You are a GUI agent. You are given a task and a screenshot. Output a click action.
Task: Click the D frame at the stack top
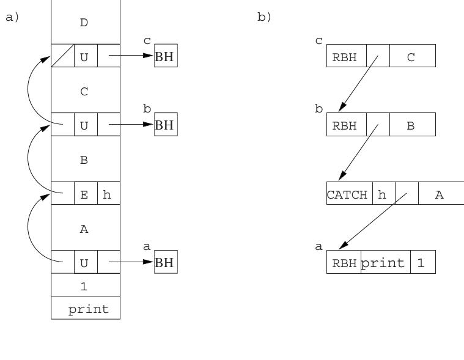pyautogui.click(x=86, y=22)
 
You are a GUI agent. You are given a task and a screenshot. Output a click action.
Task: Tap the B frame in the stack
pyautogui.click(x=86, y=159)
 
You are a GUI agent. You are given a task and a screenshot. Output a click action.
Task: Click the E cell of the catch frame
pyautogui.click(x=86, y=193)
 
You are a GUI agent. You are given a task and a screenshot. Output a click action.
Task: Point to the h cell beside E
pyautogui.click(x=109, y=193)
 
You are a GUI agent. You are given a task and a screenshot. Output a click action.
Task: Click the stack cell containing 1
pyautogui.click(x=86, y=285)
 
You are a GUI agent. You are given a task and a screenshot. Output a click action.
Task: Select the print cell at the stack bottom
pyautogui.click(x=86, y=307)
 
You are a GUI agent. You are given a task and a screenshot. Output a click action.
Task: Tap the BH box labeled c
pyautogui.click(x=166, y=56)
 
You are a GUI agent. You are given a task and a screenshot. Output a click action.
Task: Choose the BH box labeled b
pyautogui.click(x=166, y=125)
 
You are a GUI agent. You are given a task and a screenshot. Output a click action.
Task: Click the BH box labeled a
pyautogui.click(x=166, y=262)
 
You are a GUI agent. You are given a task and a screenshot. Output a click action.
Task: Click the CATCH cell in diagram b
pyautogui.click(x=350, y=193)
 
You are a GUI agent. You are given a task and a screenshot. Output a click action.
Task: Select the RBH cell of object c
pyautogui.click(x=347, y=56)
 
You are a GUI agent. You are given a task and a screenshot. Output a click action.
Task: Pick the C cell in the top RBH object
pyautogui.click(x=413, y=56)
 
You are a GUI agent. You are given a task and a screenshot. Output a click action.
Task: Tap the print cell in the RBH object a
pyautogui.click(x=386, y=262)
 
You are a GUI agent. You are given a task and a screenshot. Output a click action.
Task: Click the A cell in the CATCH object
pyautogui.click(x=441, y=193)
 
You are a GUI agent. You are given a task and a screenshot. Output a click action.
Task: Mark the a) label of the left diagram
pyautogui.click(x=12, y=17)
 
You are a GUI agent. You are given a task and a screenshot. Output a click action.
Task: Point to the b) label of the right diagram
pyautogui.click(x=264, y=17)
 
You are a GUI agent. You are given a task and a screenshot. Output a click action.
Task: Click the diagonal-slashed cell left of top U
pyautogui.click(x=63, y=56)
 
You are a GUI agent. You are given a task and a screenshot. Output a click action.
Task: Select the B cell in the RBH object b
pyautogui.click(x=413, y=125)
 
